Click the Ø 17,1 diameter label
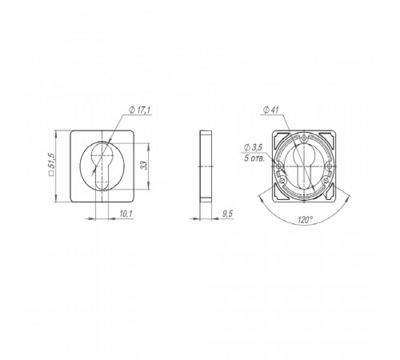tap(139, 110)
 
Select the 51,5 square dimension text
tap(50, 161)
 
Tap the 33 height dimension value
tap(144, 166)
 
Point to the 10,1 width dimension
tap(126, 214)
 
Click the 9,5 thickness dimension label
tap(227, 214)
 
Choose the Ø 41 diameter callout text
tap(270, 110)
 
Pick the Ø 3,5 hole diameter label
tap(253, 147)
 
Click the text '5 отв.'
tap(254, 158)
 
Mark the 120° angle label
tap(305, 220)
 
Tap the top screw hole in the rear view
tap(305, 138)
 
